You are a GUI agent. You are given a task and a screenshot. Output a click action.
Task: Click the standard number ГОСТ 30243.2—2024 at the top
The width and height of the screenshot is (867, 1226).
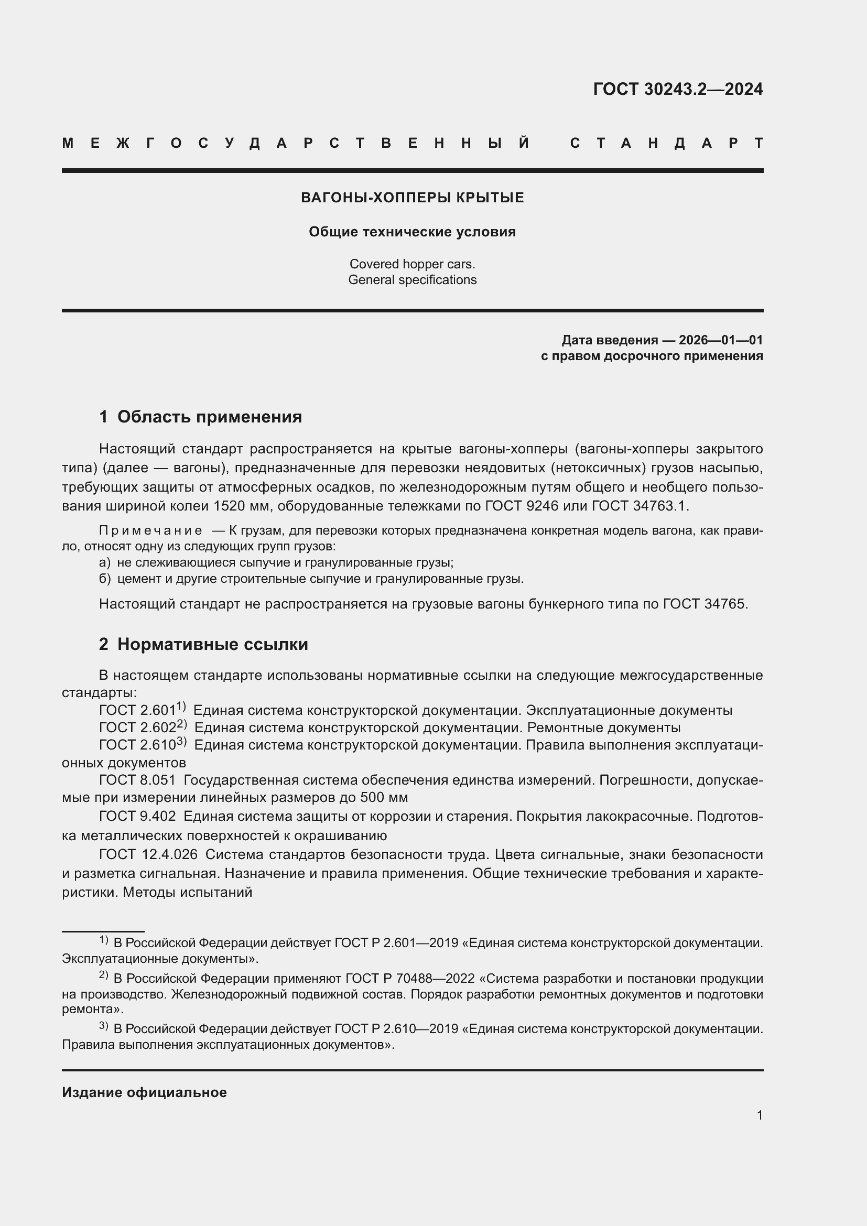click(x=677, y=89)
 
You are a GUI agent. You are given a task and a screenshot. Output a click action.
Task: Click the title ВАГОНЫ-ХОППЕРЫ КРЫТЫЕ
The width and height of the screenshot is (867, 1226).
click(x=412, y=198)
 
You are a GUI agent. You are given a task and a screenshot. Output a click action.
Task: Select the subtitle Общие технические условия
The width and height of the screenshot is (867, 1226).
click(x=412, y=232)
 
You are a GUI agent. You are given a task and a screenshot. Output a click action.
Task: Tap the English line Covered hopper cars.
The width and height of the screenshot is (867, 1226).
click(x=412, y=264)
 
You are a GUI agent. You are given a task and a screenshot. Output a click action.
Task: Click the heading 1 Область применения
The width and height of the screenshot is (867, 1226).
click(x=200, y=417)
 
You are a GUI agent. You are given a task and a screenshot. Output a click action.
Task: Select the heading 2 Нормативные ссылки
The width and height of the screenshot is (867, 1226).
click(x=203, y=645)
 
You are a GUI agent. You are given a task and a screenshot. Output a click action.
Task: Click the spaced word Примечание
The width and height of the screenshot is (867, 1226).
click(x=150, y=531)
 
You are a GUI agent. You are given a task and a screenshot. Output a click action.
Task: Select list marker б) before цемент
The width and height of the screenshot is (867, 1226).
click(x=105, y=579)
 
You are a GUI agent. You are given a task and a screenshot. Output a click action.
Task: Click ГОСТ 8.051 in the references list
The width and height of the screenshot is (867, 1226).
click(x=137, y=780)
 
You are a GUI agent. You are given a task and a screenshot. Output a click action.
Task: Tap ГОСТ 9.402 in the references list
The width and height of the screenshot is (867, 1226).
click(x=137, y=817)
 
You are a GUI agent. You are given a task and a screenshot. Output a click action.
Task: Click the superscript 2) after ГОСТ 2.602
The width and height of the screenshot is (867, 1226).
click(x=182, y=724)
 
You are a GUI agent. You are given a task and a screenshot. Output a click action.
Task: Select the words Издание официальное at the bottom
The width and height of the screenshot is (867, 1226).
click(x=144, y=1092)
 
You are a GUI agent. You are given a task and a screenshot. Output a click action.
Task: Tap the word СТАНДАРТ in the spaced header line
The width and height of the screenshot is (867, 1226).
click(x=666, y=144)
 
